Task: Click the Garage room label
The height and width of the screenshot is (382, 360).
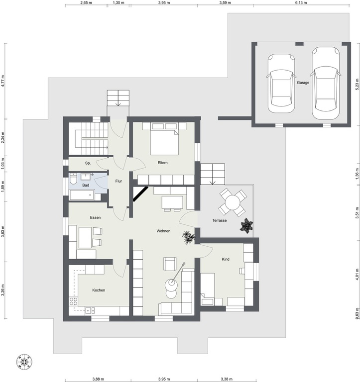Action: [303, 83]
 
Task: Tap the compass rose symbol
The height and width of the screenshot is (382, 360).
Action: [24, 361]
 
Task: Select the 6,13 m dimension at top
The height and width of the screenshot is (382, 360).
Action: [301, 2]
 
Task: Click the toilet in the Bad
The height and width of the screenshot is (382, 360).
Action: [73, 179]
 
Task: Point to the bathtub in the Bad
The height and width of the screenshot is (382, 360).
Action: [82, 195]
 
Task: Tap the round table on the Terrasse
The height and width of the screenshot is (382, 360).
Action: [233, 202]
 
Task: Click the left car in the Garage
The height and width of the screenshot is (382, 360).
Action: [281, 83]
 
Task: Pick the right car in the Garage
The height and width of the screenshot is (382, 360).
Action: [326, 83]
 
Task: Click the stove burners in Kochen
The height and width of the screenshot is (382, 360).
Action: [73, 301]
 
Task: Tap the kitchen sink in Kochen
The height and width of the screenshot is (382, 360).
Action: [90, 310]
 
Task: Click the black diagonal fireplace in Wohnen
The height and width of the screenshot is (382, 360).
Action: [140, 194]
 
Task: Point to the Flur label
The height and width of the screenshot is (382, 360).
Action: [119, 181]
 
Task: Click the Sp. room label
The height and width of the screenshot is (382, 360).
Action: [88, 163]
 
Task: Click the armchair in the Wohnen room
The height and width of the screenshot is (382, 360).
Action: [170, 264]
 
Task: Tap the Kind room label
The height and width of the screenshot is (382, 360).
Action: [226, 259]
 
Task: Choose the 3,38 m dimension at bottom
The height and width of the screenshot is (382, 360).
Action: [227, 379]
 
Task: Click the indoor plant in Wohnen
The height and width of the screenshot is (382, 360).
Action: [189, 237]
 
